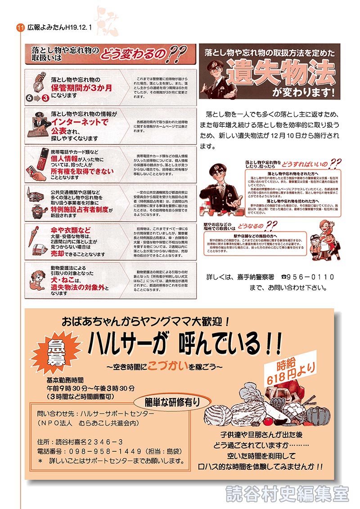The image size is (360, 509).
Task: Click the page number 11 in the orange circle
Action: pyautogui.click(x=20, y=27)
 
